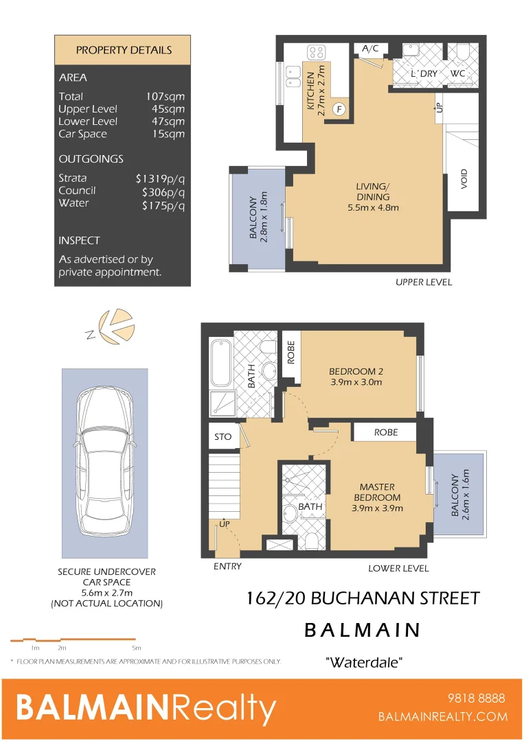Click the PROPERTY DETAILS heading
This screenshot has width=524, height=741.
(124, 50)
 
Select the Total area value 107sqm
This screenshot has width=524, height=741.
(165, 97)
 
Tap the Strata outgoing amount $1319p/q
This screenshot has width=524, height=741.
(160, 178)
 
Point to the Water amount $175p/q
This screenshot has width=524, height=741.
(163, 204)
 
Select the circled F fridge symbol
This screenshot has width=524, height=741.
(338, 108)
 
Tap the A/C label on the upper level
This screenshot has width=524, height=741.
(370, 48)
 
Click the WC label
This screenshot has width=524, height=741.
(459, 73)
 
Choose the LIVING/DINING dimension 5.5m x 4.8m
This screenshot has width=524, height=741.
(373, 207)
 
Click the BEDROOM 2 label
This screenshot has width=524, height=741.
(356, 371)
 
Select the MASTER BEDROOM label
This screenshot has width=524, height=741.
(377, 492)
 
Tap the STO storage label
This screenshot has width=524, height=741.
(223, 436)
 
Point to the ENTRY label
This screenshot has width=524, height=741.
(227, 567)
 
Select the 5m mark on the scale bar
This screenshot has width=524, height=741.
(136, 648)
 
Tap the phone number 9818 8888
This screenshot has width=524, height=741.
(476, 698)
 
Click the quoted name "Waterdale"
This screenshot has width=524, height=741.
(363, 663)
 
